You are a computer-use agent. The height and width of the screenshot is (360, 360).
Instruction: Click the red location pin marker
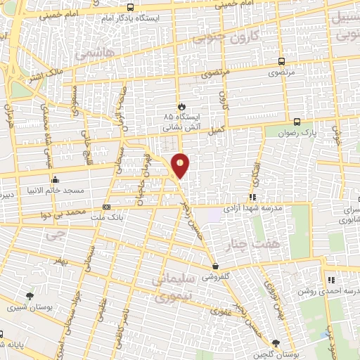pyautogui.click(x=181, y=165)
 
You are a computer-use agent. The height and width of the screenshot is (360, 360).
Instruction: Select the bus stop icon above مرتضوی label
pyautogui.click(x=281, y=62)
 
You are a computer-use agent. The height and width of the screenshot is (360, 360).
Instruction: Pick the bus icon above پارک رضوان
pyautogui.click(x=297, y=121)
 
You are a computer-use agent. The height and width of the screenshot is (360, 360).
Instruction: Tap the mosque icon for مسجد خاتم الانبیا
pyautogui.click(x=55, y=179)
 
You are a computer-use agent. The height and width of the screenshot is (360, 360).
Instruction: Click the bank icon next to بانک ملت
pyautogui.click(x=106, y=207)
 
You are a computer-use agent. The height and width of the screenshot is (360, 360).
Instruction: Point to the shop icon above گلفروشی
pyautogui.click(x=216, y=266)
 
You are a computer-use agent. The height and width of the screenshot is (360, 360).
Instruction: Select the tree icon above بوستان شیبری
pyautogui.click(x=29, y=296)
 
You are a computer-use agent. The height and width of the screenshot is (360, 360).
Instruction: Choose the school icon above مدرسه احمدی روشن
pyautogui.click(x=330, y=280)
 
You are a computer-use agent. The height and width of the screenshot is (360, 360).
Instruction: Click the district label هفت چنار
pyautogui.click(x=246, y=244)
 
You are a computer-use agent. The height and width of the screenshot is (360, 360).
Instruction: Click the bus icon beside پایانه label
pyautogui.click(x=3, y=335)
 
